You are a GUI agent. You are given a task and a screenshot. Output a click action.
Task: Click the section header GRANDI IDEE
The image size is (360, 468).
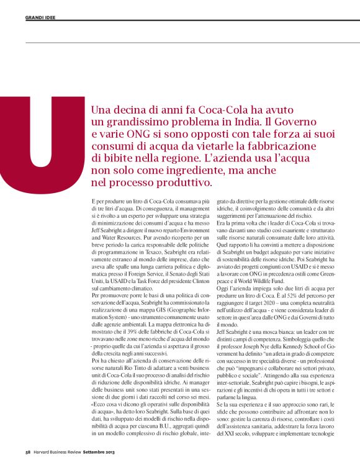[40, 17]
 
